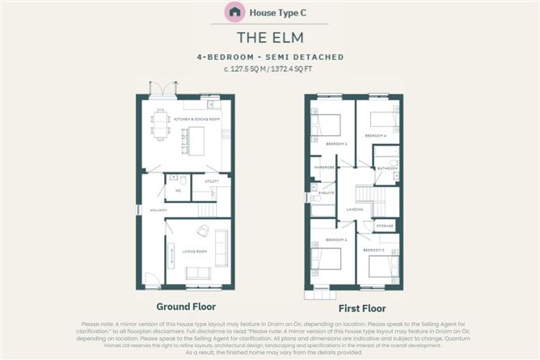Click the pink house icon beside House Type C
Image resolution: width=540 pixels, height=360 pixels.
pos(234,12)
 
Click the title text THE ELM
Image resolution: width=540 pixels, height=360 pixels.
pos(269,37)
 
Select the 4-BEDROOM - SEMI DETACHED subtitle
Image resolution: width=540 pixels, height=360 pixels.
pos(269,57)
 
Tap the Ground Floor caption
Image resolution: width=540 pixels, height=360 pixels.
pos(186,307)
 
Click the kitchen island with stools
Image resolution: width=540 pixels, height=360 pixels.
pos(194,141)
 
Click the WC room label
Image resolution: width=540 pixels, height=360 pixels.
pos(177,191)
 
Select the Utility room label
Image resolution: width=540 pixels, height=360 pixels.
pos(211,182)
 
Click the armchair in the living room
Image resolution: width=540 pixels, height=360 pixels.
pos(202,231)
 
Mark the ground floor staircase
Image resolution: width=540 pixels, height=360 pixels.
pos(208,210)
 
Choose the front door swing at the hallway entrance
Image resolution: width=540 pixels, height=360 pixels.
pos(152,279)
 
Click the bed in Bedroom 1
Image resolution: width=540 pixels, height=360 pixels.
pos(327,125)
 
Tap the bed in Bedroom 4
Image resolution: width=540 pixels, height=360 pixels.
pos(384,118)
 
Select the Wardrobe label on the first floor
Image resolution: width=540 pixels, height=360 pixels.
pos(323,168)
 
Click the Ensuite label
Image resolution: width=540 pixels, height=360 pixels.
pos(326,193)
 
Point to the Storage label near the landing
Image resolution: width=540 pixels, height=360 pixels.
pos(385,227)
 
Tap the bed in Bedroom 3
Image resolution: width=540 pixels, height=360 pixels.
pos(384,265)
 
